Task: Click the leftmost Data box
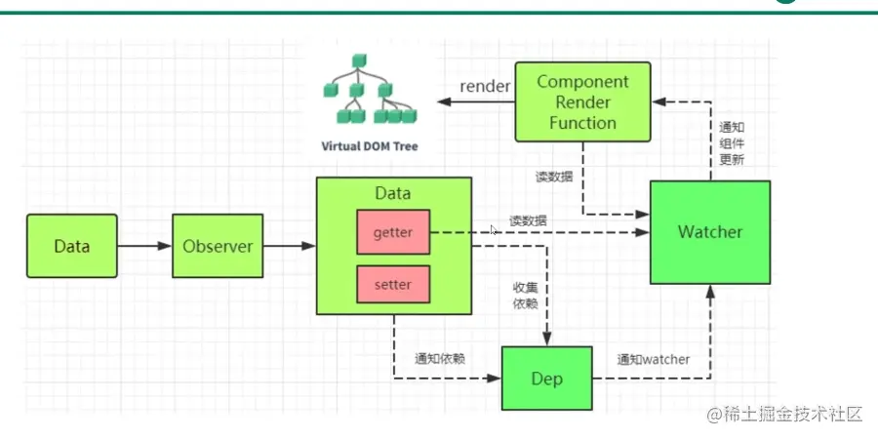point(72,246)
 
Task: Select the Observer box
point(218,246)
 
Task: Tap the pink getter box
point(393,232)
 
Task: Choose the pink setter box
point(393,284)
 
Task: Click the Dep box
point(547,378)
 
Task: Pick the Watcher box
point(710,232)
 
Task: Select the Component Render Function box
point(583,101)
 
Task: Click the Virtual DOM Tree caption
point(370,146)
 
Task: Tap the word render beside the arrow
point(485,86)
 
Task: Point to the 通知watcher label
point(654,359)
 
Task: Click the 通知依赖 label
point(440,359)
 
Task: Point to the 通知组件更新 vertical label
point(732,142)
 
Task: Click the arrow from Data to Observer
point(144,246)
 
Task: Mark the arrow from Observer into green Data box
point(290,246)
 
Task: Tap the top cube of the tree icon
point(359,60)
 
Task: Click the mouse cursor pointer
point(494,230)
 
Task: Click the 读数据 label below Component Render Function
point(553,177)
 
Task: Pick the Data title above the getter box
point(393,193)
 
